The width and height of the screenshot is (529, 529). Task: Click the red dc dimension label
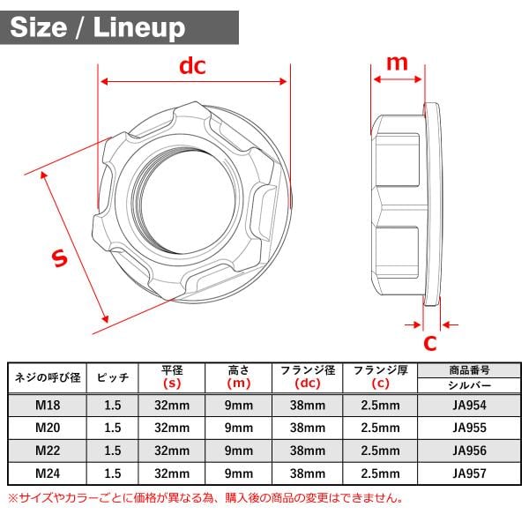click(x=192, y=66)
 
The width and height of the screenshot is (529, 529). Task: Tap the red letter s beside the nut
click(x=59, y=258)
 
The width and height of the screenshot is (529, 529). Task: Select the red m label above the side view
click(x=397, y=63)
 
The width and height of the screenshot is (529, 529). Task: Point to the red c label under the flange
click(x=430, y=343)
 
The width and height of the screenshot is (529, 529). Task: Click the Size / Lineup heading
click(x=98, y=27)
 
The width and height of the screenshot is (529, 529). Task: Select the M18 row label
click(x=48, y=405)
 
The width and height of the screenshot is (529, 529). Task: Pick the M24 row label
click(x=48, y=473)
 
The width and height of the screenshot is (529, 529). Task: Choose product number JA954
click(x=469, y=405)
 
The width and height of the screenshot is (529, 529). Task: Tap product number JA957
click(x=469, y=473)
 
